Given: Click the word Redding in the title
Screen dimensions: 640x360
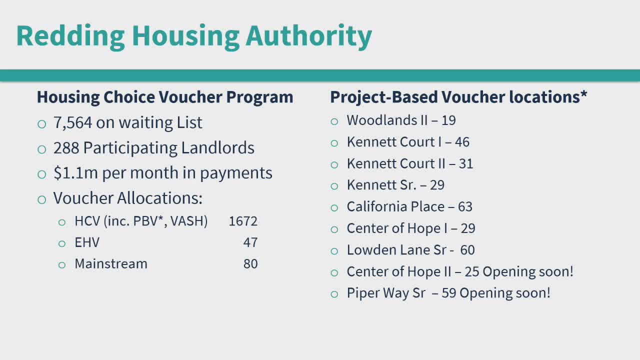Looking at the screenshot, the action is (x=70, y=36).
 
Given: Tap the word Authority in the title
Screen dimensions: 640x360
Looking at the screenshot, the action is (x=308, y=36).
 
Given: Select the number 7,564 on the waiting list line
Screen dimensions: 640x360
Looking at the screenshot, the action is (x=73, y=123).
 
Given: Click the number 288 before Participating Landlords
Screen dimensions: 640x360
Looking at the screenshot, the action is (x=66, y=147).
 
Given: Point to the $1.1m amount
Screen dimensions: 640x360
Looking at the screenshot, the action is (x=75, y=173).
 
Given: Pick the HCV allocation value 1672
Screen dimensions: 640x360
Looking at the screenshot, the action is (x=243, y=221).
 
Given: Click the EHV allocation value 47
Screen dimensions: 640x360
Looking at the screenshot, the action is (x=250, y=242).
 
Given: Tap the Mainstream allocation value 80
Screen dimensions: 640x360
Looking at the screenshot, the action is (x=250, y=263).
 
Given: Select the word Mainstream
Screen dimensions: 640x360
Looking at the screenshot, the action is (x=111, y=263).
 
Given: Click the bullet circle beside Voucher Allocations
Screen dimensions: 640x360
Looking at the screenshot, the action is (x=41, y=199).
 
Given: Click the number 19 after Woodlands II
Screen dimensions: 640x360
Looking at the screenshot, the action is (x=448, y=120).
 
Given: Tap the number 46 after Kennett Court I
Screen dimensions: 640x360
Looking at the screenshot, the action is (x=462, y=142).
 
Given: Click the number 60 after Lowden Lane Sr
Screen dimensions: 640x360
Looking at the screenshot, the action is (x=467, y=250).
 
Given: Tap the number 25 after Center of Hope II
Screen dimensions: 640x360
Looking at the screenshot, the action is (x=471, y=271).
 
